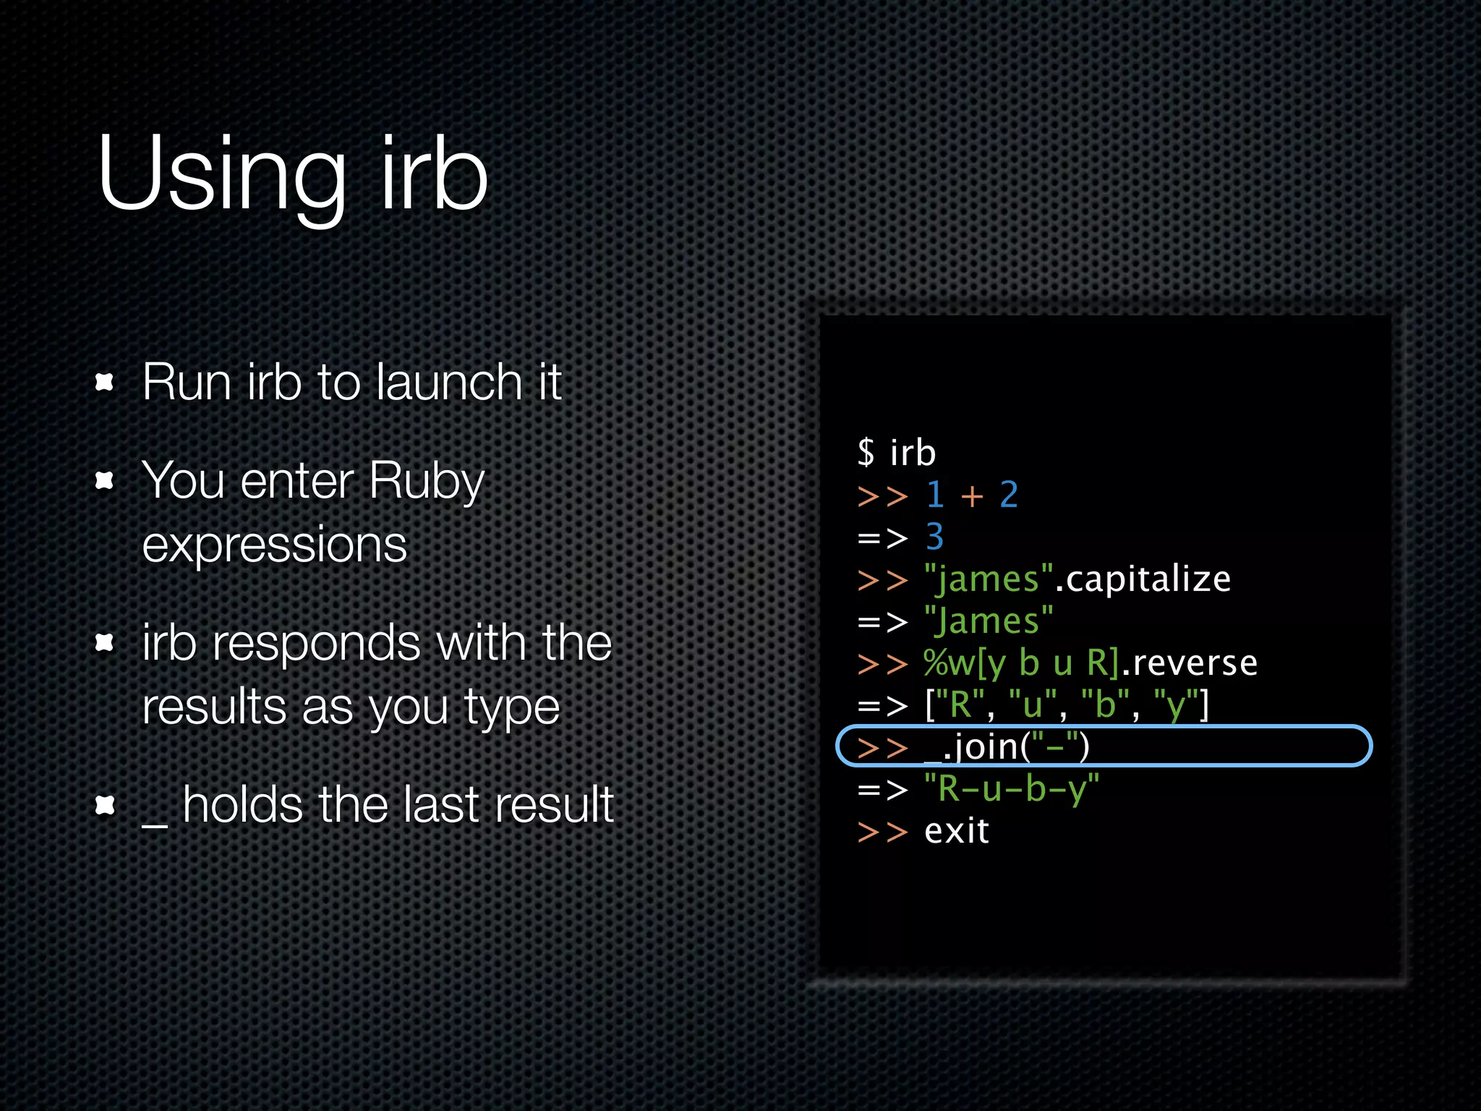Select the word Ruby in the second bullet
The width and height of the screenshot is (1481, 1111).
point(427,481)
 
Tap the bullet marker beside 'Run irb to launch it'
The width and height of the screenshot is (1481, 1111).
point(106,382)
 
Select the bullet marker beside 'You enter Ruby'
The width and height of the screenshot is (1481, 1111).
point(106,480)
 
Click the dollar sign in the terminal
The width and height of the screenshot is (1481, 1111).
point(866,454)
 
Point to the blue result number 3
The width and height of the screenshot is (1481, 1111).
point(934,537)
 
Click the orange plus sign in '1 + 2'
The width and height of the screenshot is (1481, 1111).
point(972,496)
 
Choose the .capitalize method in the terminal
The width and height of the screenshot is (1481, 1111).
point(1143,579)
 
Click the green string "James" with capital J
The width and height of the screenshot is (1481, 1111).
point(989,621)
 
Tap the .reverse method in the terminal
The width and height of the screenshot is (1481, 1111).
point(1190,663)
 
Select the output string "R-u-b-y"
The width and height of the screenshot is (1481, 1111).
point(1012,788)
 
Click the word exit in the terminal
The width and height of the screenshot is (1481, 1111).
point(957,831)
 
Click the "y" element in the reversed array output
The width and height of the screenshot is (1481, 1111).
point(1171,705)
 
